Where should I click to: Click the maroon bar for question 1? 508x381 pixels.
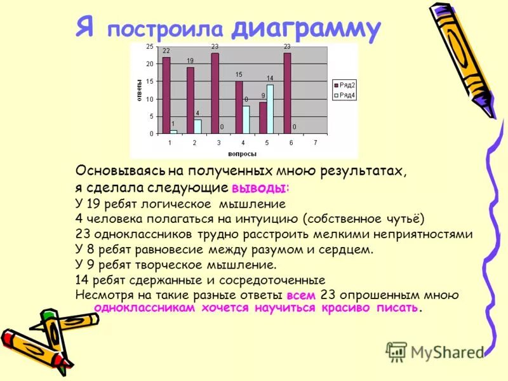(x=166, y=95)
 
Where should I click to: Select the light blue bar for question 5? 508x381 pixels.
(x=270, y=109)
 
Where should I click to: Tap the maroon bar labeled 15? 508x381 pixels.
(x=239, y=107)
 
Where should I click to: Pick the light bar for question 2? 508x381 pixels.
(x=197, y=126)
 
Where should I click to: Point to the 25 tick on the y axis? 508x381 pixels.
(x=149, y=47)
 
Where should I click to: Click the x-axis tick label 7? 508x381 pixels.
(x=316, y=142)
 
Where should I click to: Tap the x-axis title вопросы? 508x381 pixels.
(x=243, y=154)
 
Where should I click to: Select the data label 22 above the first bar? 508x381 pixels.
(x=166, y=51)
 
